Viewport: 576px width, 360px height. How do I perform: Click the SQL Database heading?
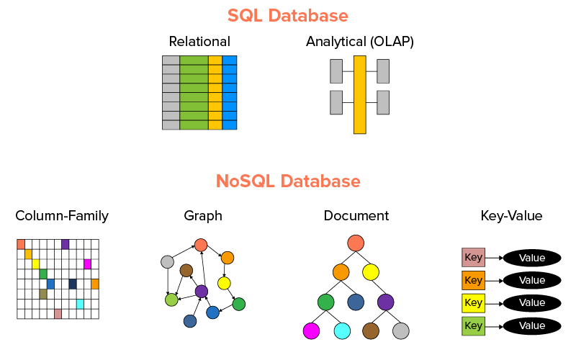tap(288, 15)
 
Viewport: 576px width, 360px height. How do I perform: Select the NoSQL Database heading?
tap(288, 180)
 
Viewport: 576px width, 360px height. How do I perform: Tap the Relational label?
tap(199, 41)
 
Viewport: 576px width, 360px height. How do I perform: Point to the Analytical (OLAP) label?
tap(360, 41)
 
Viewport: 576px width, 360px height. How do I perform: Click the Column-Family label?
tap(62, 215)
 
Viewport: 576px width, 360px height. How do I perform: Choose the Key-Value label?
tap(511, 215)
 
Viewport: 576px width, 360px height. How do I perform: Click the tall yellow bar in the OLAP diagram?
tap(360, 94)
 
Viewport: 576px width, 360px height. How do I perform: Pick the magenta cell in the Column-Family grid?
tap(88, 264)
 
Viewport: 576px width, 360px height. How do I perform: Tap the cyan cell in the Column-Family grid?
tap(80, 304)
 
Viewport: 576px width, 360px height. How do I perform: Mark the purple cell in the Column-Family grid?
tap(66, 244)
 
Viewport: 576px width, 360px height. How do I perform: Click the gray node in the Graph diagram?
tap(168, 262)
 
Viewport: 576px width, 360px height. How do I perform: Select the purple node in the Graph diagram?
tap(202, 292)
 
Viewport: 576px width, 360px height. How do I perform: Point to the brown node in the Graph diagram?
tap(186, 271)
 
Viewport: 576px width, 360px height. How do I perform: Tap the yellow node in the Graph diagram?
tap(224, 283)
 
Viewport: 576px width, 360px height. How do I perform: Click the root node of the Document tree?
tap(355, 243)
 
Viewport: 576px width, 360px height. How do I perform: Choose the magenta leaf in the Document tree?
tap(311, 331)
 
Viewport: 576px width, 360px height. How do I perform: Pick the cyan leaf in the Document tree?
tap(342, 331)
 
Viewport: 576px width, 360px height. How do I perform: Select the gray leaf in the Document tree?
tap(401, 331)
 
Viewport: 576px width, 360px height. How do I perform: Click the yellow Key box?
tap(473, 303)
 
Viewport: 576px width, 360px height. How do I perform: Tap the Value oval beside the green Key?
tap(532, 326)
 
